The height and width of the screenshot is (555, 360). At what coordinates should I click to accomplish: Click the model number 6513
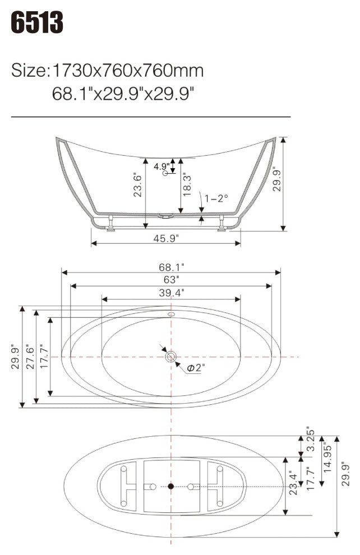point(38,23)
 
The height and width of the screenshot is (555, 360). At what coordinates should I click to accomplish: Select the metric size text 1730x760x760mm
point(128,71)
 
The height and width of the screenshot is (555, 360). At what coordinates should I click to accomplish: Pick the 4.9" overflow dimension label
point(161,166)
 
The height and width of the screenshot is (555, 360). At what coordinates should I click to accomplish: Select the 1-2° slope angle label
point(216,198)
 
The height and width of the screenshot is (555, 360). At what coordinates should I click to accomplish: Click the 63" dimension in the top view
point(172,279)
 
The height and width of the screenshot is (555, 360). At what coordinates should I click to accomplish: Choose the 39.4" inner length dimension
point(172,292)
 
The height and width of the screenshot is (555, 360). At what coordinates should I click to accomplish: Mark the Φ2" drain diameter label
point(196,368)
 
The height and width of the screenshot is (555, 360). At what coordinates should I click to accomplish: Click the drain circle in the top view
point(171,356)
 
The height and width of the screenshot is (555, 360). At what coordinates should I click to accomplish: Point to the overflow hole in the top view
point(172,314)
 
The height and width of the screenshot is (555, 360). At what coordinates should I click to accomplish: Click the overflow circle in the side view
point(165,174)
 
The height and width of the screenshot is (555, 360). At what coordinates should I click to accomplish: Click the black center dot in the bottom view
point(171,487)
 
